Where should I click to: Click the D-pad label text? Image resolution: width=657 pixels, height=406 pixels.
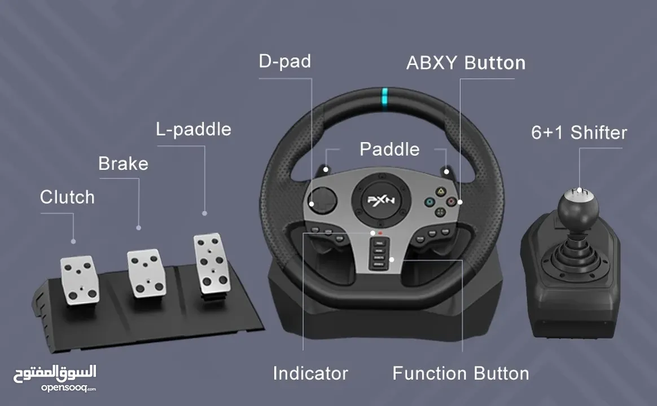pyautogui.click(x=284, y=61)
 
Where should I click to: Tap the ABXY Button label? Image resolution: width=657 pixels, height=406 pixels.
pyautogui.click(x=466, y=63)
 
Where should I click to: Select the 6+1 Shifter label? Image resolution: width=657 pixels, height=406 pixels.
pyautogui.click(x=579, y=133)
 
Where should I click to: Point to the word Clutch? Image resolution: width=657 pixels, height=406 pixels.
pyautogui.click(x=67, y=197)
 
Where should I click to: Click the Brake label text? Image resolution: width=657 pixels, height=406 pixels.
pyautogui.click(x=123, y=164)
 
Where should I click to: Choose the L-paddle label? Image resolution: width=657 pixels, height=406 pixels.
pyautogui.click(x=194, y=129)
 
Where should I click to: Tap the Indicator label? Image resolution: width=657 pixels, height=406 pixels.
pyautogui.click(x=310, y=373)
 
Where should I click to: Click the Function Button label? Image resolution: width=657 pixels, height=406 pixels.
pyautogui.click(x=461, y=373)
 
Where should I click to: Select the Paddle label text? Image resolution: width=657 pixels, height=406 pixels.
pyautogui.click(x=389, y=149)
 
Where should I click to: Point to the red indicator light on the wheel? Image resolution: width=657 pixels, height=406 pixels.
pyautogui.click(x=380, y=232)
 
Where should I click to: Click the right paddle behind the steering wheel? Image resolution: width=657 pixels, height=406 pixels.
pyautogui.click(x=448, y=170)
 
